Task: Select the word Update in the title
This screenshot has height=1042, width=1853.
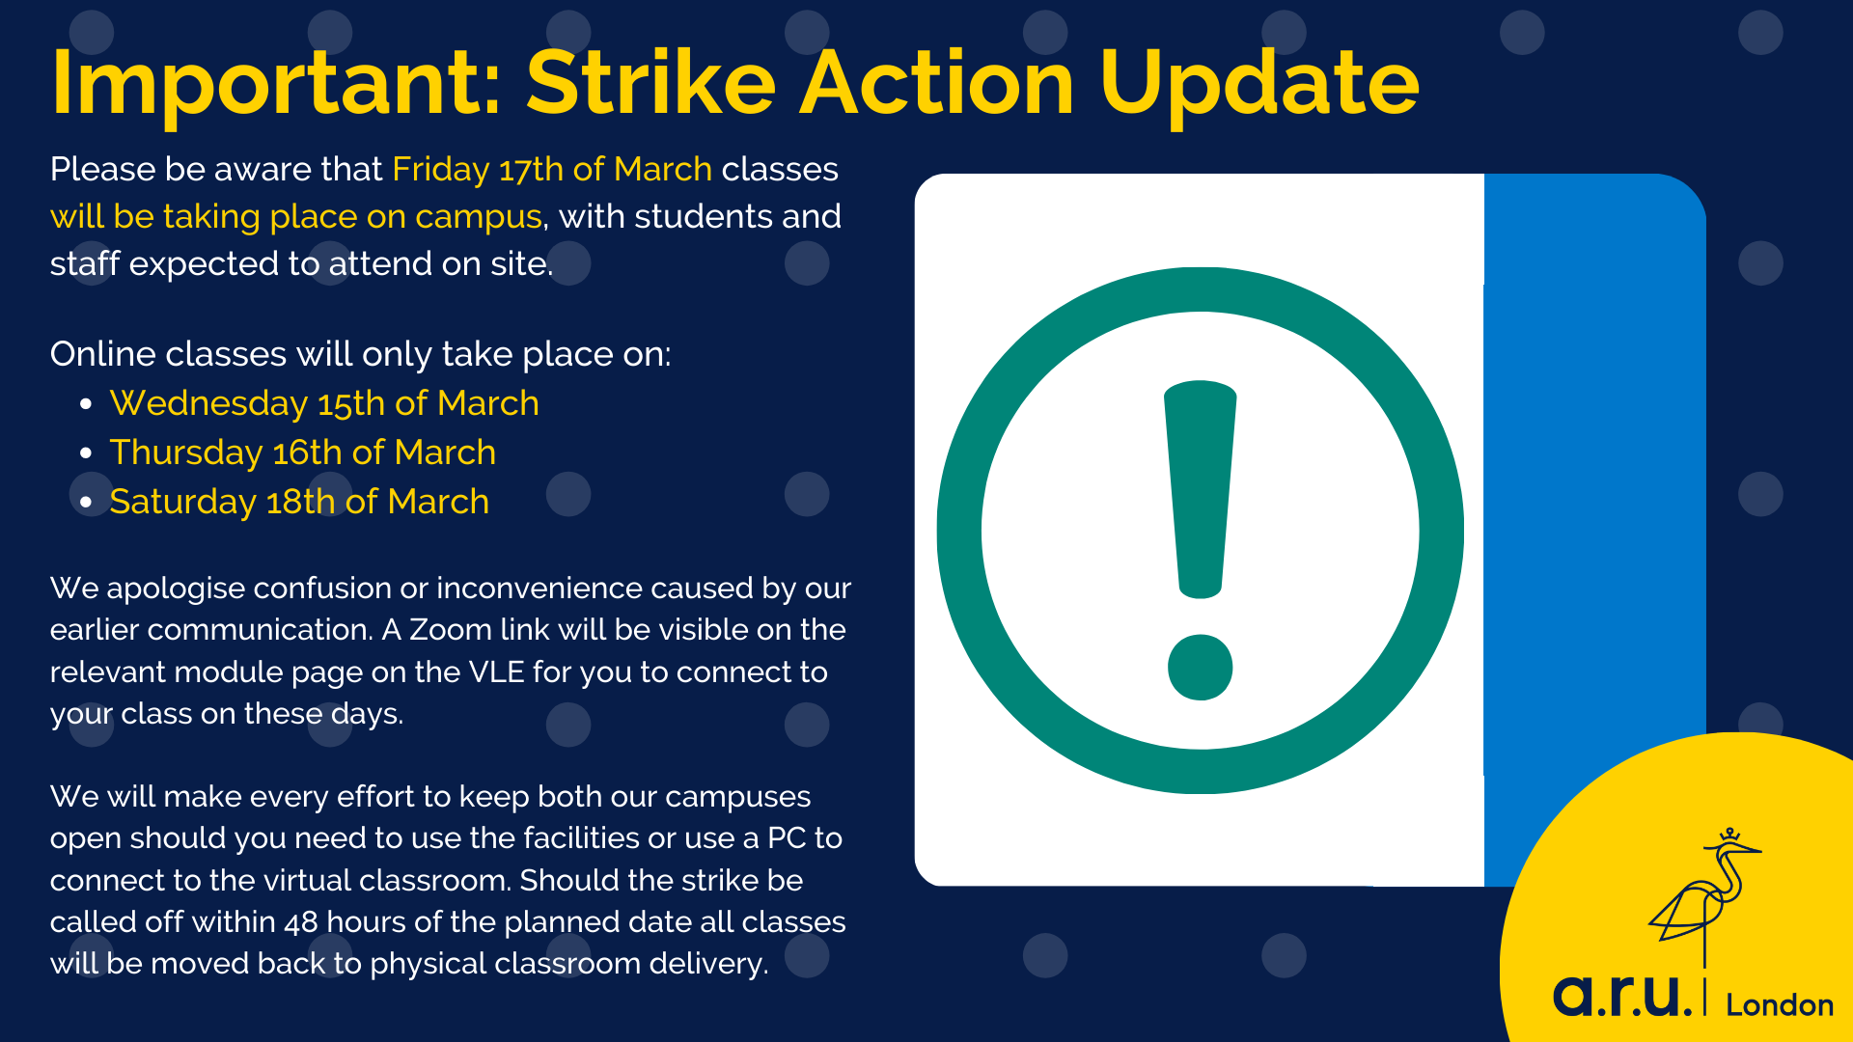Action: pos(1258,85)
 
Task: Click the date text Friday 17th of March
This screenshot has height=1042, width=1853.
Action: pos(552,170)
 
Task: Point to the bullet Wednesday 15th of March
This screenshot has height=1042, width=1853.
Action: pos(324,403)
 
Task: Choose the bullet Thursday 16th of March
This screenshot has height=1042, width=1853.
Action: pos(302,452)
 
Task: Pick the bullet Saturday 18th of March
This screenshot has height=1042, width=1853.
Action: pos(299,502)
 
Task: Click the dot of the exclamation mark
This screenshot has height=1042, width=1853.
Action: pos(1200,667)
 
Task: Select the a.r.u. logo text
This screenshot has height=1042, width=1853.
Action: pos(1621,996)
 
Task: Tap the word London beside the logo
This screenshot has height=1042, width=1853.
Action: pos(1779,1005)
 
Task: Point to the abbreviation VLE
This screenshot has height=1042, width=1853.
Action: pos(496,672)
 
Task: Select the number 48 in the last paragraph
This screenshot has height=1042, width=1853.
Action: pos(300,922)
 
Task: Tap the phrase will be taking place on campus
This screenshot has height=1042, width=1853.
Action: pos(296,217)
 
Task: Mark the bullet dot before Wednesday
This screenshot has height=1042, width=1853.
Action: pos(87,404)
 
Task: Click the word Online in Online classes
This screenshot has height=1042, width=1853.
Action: pos(102,354)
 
